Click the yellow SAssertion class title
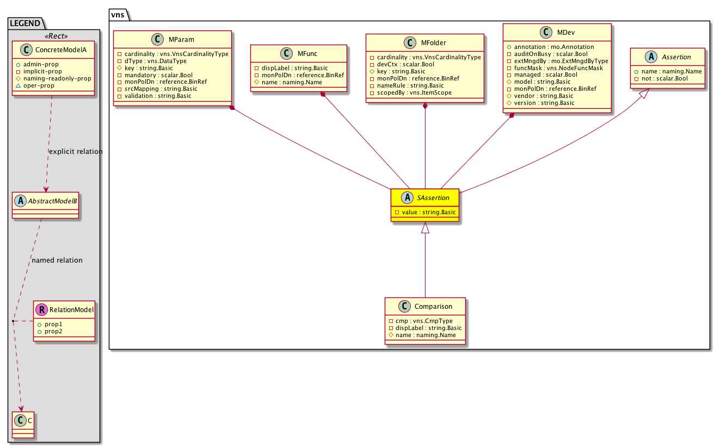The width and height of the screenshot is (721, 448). click(x=433, y=198)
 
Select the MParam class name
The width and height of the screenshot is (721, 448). click(x=181, y=40)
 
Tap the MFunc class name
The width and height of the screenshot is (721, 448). click(x=307, y=54)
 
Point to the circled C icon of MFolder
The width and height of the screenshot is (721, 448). click(x=410, y=43)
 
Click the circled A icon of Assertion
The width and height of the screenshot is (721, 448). click(x=651, y=57)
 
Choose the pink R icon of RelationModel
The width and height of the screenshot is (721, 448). click(x=42, y=310)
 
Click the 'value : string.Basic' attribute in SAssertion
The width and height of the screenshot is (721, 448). click(x=429, y=212)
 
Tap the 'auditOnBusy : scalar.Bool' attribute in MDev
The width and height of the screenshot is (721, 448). click(x=551, y=54)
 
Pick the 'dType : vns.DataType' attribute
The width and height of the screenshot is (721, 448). click(x=156, y=61)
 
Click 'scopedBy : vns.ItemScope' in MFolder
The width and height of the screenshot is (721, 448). click(x=414, y=92)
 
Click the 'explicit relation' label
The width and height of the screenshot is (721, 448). click(x=76, y=152)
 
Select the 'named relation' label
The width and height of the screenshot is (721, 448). click(x=57, y=260)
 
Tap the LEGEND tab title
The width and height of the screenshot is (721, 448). click(x=25, y=23)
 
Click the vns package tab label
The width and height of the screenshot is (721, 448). click(x=118, y=15)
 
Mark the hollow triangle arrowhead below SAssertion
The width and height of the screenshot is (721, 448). click(x=425, y=227)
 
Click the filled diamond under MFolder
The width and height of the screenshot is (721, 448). click(x=425, y=106)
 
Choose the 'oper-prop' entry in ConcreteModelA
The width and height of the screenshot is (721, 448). click(x=39, y=85)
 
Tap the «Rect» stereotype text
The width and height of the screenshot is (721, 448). click(x=56, y=36)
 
